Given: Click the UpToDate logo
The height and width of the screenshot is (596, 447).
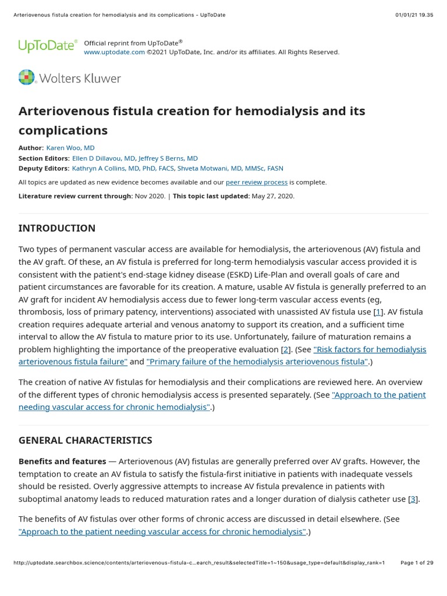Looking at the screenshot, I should point(47,46).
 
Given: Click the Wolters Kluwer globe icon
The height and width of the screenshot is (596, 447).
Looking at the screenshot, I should point(27,77).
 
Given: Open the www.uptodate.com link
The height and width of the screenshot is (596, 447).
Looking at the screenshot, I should point(114,52).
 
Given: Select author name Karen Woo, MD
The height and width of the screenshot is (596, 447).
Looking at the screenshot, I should point(70,148).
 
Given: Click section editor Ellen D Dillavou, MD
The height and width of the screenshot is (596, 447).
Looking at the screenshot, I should point(104,158).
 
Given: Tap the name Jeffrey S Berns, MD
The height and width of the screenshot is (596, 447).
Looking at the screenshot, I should point(168,158).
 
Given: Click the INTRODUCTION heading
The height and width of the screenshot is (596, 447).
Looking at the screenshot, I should point(57,228).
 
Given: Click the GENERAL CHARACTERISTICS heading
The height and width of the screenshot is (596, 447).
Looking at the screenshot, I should point(85,441).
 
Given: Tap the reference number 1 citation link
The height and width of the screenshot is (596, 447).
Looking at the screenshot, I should point(378,312).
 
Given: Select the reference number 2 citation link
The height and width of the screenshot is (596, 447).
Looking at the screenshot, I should point(285,349).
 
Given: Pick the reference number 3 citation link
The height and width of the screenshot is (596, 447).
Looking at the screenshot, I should point(413,499).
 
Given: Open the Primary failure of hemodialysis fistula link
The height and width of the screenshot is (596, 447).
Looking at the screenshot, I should point(257,362).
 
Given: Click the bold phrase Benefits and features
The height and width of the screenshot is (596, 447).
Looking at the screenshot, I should point(62,462).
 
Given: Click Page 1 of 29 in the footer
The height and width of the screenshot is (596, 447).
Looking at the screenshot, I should point(417,563).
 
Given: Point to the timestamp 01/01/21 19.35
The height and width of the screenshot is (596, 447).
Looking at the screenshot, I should point(414,15).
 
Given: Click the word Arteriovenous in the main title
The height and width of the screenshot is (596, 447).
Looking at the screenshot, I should point(62,111).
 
